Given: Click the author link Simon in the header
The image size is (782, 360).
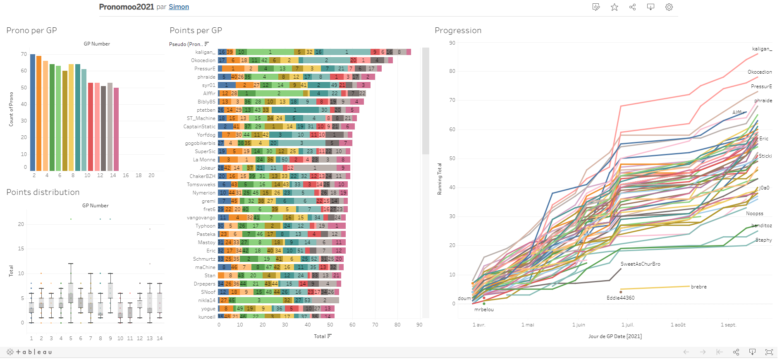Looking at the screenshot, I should click(179, 7).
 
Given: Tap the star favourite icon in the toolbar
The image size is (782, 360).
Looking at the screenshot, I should click(615, 7).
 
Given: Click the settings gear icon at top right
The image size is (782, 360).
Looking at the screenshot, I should click(669, 7).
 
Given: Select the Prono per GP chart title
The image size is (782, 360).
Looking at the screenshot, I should click(31, 30).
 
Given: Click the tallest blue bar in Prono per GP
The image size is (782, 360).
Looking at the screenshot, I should click(33, 112).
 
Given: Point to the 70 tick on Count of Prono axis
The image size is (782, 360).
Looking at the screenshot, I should click(24, 54).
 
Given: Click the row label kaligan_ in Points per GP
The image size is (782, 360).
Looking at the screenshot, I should click(205, 52).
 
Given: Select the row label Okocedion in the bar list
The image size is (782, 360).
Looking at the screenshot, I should click(203, 60).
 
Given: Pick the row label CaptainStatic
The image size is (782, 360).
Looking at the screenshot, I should click(199, 127).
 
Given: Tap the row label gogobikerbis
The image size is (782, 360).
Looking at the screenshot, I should click(200, 143).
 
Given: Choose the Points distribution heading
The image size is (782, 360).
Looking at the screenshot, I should click(43, 192).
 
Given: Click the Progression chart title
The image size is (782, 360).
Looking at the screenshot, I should click(458, 30).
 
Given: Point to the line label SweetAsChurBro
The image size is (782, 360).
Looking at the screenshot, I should click(640, 264).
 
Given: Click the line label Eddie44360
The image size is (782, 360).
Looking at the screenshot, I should click(620, 298).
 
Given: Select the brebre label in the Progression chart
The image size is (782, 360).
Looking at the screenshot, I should click(698, 287).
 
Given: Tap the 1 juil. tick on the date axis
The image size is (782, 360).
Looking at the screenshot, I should click(627, 325).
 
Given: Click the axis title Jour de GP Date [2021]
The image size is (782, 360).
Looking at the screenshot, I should click(615, 336).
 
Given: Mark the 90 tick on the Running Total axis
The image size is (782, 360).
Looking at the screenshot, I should click(452, 43).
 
